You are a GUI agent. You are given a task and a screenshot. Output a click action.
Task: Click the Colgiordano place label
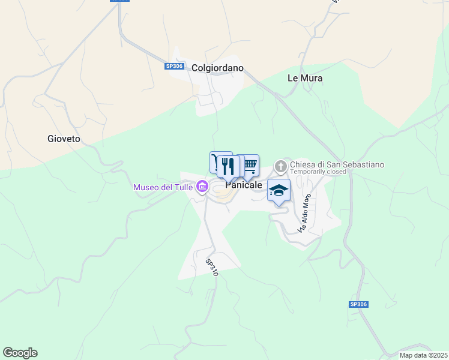click(217, 68)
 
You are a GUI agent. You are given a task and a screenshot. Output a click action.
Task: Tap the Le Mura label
click(305, 78)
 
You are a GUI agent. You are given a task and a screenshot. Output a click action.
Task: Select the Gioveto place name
click(64, 139)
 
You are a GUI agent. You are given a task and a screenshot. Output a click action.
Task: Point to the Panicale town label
click(244, 185)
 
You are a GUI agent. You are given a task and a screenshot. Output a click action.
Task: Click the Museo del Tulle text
click(163, 188)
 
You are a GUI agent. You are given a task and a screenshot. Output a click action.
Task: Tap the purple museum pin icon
click(202, 188)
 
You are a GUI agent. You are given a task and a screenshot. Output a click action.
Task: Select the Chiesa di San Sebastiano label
click(337, 164)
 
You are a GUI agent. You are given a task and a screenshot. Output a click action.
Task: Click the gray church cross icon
click(280, 165)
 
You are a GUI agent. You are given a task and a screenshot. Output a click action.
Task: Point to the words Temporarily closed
click(318, 172)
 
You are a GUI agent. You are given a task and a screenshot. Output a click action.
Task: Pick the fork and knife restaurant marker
click(228, 166)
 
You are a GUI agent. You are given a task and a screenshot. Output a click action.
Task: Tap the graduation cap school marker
click(279, 190)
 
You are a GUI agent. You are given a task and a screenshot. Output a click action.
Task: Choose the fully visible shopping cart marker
click(250, 165)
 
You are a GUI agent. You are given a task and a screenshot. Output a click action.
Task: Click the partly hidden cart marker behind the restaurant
click(214, 161)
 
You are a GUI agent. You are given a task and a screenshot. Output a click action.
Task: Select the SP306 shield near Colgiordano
click(174, 67)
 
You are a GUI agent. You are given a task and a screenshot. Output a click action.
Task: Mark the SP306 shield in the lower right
click(358, 304)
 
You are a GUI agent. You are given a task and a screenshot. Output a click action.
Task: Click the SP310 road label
click(211, 268)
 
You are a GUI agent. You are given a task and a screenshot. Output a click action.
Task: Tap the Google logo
click(20, 353)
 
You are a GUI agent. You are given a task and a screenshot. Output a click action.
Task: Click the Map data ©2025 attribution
click(423, 355)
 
